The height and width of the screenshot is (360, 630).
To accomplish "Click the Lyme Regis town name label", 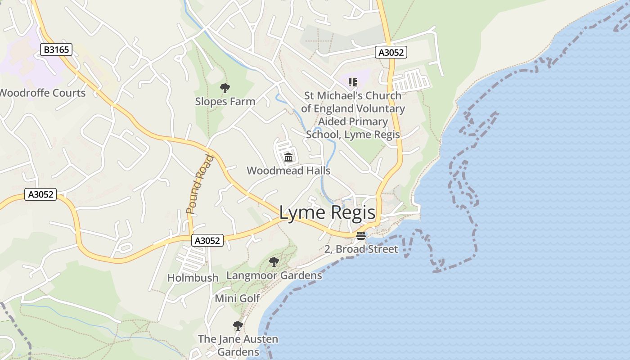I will tap(327, 212).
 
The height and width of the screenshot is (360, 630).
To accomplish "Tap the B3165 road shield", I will tap(56, 49).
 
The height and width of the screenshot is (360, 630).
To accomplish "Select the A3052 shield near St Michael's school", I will tap(391, 53).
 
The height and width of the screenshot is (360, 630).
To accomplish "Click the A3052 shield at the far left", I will tap(40, 195).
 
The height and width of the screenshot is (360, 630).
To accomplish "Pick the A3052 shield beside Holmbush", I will tap(207, 241).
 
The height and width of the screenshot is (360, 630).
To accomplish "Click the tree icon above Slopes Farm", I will tap(225, 88).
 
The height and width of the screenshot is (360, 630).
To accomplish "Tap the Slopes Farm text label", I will tap(225, 102).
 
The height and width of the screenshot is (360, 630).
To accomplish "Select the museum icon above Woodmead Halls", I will tap(288, 157).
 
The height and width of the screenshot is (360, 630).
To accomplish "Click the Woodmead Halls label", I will tap(288, 171).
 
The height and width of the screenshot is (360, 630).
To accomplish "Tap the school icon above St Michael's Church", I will tap(353, 82).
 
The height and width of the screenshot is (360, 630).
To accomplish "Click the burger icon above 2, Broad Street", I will tap(361, 236).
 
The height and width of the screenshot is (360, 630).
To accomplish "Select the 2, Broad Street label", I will tap(361, 249).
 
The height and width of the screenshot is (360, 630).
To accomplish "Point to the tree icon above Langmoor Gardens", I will tap(274, 261).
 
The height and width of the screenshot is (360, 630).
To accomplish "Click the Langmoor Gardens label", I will tap(274, 275).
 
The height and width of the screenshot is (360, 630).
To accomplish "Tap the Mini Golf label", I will tap(237, 298).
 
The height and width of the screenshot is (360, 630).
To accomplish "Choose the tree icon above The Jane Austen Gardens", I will tap(238, 325).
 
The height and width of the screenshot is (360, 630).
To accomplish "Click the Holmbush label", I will tap(193, 278).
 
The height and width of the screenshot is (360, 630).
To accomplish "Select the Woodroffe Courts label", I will tap(42, 93).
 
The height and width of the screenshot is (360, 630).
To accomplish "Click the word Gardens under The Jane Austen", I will tap(238, 352).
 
